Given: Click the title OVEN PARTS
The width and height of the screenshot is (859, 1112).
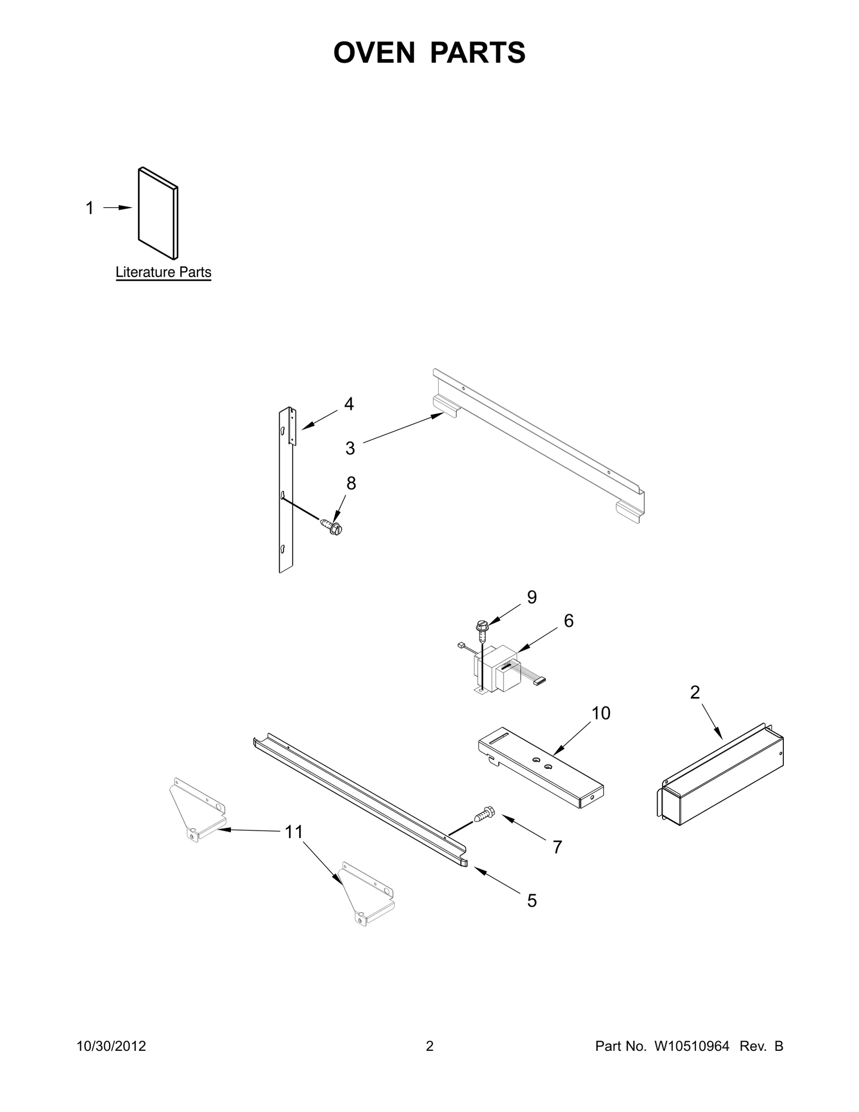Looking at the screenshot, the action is [429, 53].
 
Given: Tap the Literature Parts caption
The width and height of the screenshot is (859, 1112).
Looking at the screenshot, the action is [163, 272].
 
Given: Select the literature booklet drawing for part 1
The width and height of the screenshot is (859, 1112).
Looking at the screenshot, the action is [158, 213].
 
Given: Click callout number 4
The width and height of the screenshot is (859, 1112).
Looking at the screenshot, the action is [349, 404].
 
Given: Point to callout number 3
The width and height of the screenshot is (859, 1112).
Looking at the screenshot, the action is [350, 448].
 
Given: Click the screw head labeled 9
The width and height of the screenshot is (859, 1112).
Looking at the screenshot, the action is [482, 625].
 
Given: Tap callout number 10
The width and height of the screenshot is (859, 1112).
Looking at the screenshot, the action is [601, 713].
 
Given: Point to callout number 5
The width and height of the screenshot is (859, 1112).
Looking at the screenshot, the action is [532, 900].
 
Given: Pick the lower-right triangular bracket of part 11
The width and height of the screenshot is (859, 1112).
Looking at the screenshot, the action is [367, 895].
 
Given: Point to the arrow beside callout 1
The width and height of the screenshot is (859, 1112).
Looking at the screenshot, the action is [118, 207].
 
